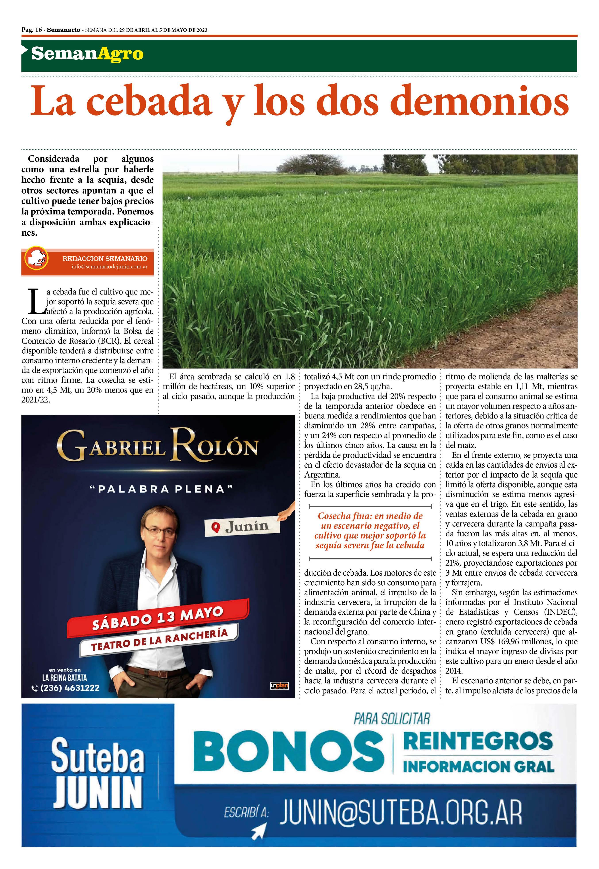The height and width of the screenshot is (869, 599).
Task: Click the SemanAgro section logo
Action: [87, 54]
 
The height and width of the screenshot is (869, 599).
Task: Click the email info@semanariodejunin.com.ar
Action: [109, 267]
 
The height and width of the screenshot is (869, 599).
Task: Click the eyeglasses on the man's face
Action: [160, 532]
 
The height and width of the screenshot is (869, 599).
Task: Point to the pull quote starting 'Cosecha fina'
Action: [370, 531]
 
